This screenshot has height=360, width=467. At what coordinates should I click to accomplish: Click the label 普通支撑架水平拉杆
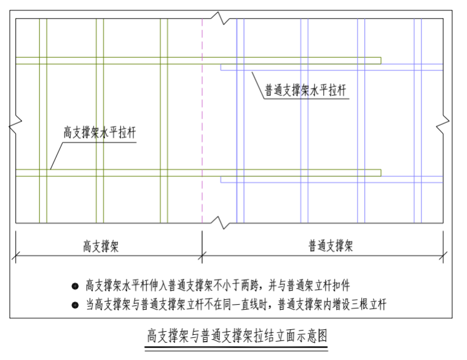305,90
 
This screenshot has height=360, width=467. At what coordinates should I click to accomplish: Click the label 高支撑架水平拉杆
100,133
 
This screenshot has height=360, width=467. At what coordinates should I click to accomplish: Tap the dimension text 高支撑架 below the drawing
101,246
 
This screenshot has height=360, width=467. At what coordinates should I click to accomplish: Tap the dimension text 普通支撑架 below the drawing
331,246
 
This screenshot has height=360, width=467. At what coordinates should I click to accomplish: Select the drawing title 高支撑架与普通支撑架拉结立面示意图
237,336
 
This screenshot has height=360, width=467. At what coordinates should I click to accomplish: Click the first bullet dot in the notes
75,286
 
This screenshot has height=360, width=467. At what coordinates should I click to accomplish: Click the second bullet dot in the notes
75,305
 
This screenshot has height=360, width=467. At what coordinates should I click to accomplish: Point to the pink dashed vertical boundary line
202,120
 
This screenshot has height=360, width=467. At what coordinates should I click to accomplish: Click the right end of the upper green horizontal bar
381,60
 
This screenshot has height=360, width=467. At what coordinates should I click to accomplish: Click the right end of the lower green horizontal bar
381,173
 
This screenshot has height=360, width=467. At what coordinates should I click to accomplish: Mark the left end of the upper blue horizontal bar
221,68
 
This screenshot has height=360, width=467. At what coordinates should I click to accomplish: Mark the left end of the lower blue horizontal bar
221,179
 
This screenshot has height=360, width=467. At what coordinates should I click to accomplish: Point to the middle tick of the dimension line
202,256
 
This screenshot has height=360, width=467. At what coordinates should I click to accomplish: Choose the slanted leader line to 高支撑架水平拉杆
57,155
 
